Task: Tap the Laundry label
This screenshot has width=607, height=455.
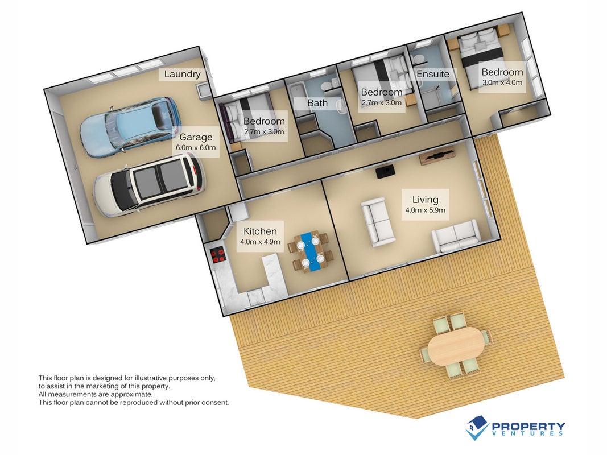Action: [x=182, y=74]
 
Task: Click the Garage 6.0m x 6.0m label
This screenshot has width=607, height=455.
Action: [x=196, y=142]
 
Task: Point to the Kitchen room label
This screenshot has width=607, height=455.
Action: [x=260, y=236]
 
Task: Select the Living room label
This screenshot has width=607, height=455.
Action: [x=425, y=204]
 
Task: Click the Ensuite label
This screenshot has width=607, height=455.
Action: [x=433, y=74]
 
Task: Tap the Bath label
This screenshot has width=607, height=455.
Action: [x=317, y=103]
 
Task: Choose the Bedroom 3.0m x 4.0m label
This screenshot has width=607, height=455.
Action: [x=502, y=77]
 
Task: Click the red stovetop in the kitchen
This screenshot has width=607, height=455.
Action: [x=218, y=255]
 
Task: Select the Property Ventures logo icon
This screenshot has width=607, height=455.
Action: [x=477, y=428]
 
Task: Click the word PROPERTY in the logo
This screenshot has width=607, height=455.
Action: [x=528, y=427]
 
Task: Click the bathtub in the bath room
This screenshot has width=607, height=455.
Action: [x=297, y=95]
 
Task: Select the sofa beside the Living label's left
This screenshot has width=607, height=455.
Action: [x=377, y=222]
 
